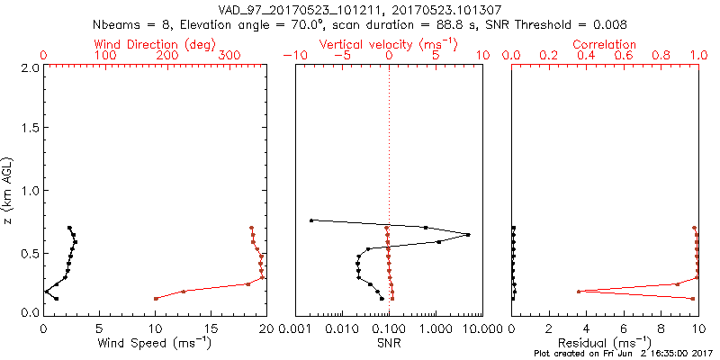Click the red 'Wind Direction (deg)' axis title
154,44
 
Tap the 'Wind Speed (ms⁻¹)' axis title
155,343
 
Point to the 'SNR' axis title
388,343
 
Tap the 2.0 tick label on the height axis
30,67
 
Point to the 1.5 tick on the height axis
30,129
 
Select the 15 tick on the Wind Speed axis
211,328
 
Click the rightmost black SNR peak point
469,235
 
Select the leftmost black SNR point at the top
311,220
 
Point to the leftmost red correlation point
579,291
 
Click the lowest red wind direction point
156,298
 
